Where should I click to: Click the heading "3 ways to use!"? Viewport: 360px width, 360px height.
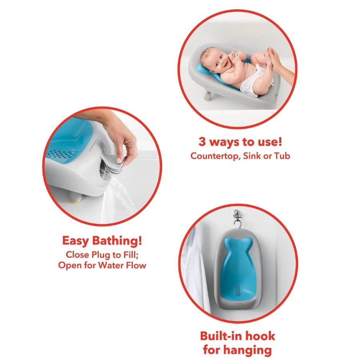[x=240, y=142]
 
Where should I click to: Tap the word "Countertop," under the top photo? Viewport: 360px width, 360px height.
[x=215, y=156]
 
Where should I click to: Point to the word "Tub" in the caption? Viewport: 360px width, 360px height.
[x=282, y=156]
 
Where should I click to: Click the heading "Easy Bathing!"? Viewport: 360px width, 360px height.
[x=102, y=241]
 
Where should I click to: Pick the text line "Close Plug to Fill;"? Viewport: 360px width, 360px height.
[x=102, y=255]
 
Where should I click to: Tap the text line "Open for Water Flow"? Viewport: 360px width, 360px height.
[x=102, y=265]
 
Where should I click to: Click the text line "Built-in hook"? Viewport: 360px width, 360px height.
[x=237, y=336]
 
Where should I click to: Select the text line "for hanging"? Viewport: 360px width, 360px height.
[x=237, y=350]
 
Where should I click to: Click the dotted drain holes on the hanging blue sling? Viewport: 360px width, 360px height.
[x=238, y=290]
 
